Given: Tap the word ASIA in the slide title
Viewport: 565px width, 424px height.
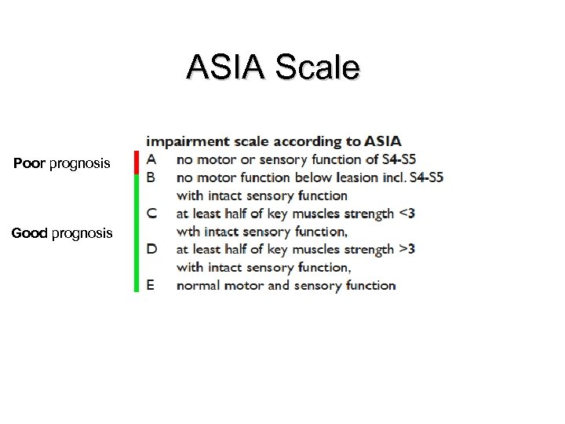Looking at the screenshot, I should click(224, 68).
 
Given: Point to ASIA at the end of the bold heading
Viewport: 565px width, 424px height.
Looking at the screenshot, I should click(383, 142).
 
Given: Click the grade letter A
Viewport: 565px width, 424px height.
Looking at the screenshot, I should click(151, 159).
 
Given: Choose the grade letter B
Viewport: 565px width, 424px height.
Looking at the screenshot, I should click(151, 177).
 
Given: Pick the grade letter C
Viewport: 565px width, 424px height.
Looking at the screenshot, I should click(151, 214).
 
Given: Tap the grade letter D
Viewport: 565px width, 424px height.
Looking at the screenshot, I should click(151, 250).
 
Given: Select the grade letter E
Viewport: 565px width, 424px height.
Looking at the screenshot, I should click(151, 285).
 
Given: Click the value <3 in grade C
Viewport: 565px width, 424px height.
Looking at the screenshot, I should click(407, 213).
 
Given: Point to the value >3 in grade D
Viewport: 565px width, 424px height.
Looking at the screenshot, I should click(407, 249).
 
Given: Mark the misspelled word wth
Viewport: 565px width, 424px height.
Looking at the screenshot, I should click(188, 232).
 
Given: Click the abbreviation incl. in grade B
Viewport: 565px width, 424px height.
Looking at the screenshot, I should click(393, 177).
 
